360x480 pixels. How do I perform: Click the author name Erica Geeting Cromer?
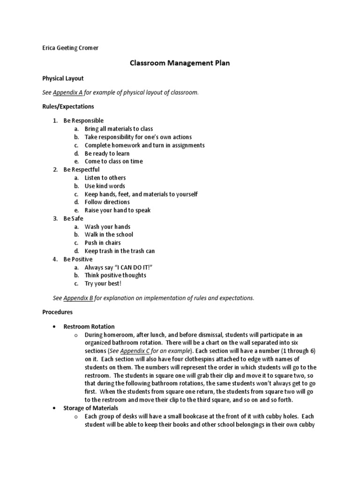click(x=70, y=48)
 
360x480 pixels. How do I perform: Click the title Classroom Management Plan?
click(x=180, y=63)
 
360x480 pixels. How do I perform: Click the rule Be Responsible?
click(x=83, y=120)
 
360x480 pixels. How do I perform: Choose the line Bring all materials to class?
click(x=119, y=129)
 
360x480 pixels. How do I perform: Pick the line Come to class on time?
click(x=113, y=161)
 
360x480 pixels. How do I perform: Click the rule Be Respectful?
click(x=82, y=169)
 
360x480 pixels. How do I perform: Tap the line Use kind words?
click(x=105, y=186)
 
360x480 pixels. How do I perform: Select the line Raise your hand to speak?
click(x=118, y=210)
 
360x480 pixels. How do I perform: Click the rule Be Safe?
click(x=74, y=218)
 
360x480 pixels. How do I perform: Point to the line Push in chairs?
click(x=103, y=243)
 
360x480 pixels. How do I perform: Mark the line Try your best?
click(x=103, y=284)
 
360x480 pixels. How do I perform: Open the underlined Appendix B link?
click(x=78, y=298)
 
